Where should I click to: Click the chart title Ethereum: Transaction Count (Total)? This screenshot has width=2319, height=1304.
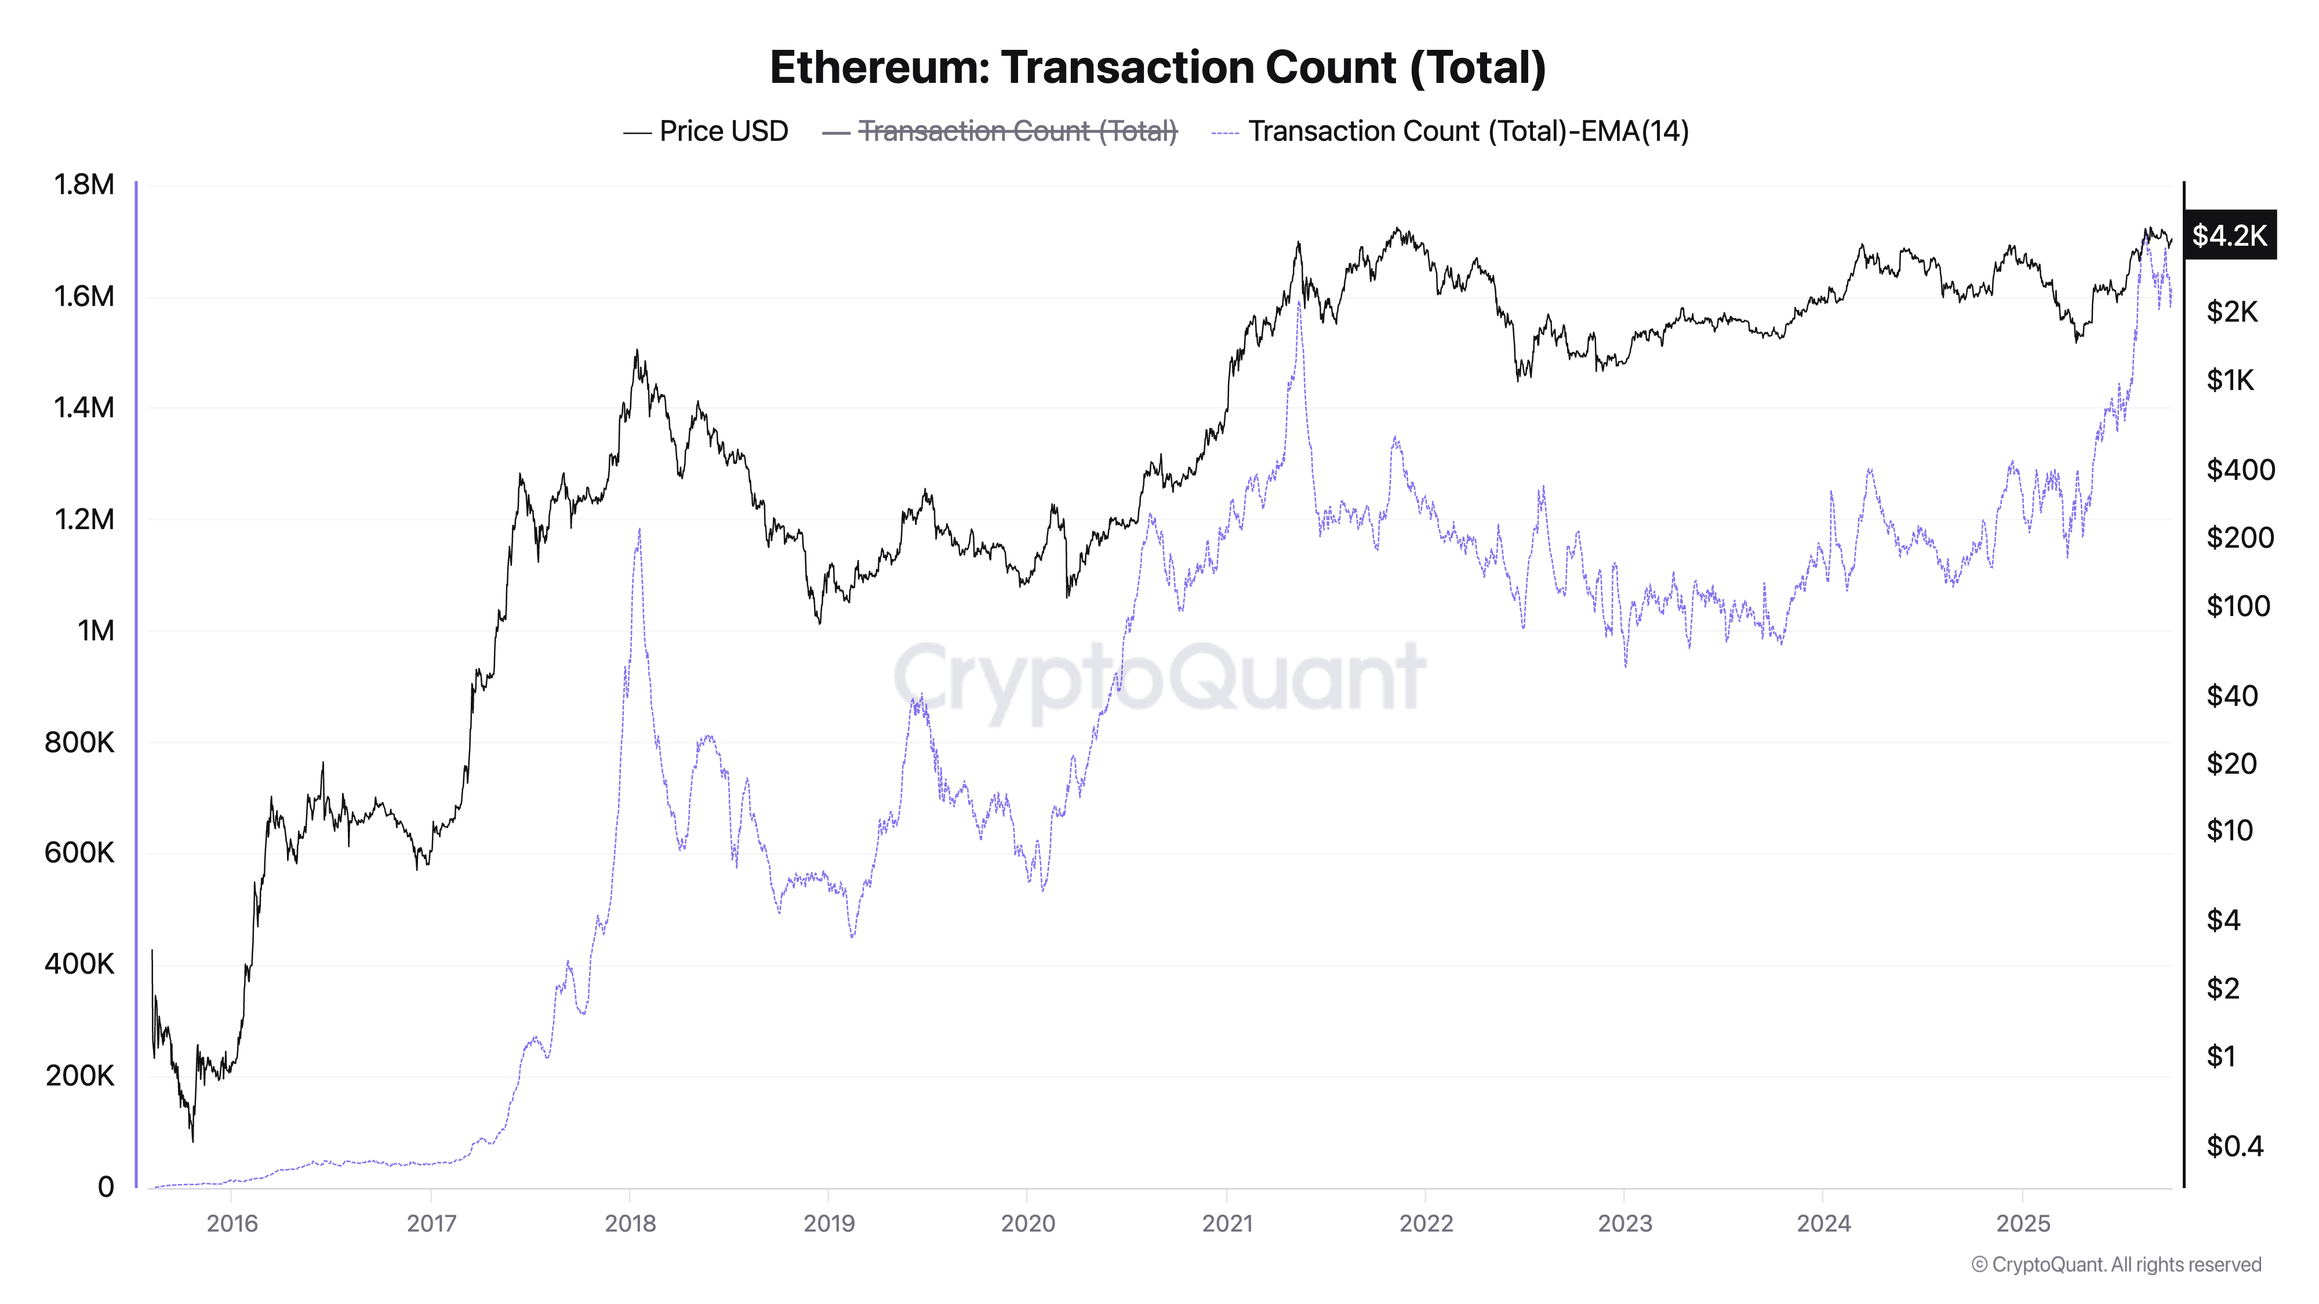(1158, 67)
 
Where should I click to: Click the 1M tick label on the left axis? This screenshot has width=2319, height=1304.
(96, 631)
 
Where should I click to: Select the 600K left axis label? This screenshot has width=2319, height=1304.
(79, 853)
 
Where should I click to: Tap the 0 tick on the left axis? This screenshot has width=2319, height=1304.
(106, 1187)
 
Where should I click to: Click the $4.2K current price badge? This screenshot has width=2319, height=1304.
(2229, 236)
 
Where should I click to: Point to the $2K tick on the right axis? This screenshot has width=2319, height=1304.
(2231, 312)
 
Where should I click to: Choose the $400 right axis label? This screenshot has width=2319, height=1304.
(2240, 470)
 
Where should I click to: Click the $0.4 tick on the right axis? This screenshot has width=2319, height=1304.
(2234, 1146)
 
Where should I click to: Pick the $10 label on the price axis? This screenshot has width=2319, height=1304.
(2229, 831)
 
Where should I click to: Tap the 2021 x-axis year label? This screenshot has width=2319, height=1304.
(1227, 1224)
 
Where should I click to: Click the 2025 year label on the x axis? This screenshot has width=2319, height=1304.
(2023, 1224)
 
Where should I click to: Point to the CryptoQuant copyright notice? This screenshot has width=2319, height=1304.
(2116, 1265)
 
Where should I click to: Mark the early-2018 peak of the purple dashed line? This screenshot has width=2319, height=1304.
(639, 530)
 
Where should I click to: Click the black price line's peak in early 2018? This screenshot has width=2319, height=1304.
(637, 351)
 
